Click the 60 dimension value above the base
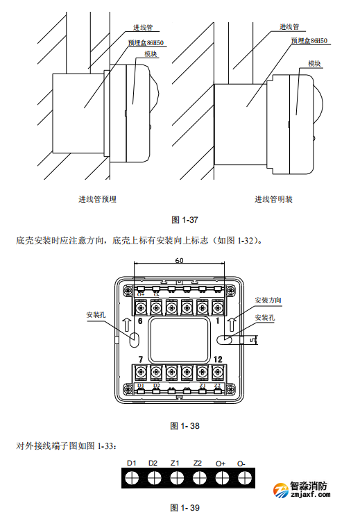179,261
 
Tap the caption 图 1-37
185,220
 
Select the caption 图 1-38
185,425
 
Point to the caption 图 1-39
185,508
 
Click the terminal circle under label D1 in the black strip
132,477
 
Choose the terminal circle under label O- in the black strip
243,477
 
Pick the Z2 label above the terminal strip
198,463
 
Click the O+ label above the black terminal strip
221,463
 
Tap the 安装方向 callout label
268,300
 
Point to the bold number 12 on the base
218,359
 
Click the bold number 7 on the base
140,359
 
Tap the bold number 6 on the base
140,322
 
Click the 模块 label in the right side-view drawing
314,63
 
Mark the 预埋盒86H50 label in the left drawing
147,42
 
